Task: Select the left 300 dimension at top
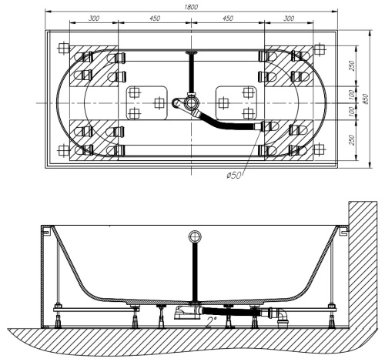pyautogui.click(x=93, y=18)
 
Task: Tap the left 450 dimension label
pyautogui.click(x=154, y=18)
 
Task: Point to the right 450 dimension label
pyautogui.click(x=229, y=18)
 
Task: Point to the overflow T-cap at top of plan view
pyautogui.click(x=191, y=52)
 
